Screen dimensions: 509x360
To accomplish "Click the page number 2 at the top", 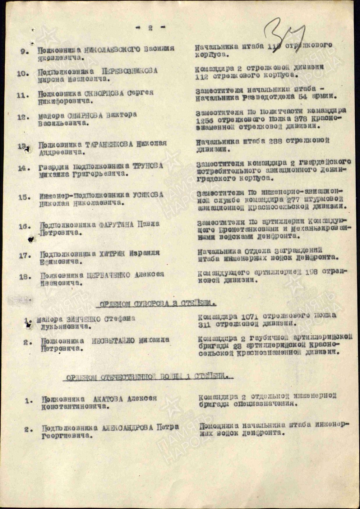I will tap(151, 28).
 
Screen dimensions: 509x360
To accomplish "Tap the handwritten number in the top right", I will tap(284, 38).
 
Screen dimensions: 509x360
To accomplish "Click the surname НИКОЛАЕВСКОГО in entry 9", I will tap(114, 49).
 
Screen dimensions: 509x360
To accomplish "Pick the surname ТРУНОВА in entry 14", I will tap(148, 166).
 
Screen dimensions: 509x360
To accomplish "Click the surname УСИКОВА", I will tap(146, 195).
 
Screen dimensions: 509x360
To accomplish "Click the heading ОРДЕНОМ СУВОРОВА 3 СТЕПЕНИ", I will tap(157, 304).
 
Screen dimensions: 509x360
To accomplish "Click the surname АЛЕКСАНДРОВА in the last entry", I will tap(128, 428).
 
